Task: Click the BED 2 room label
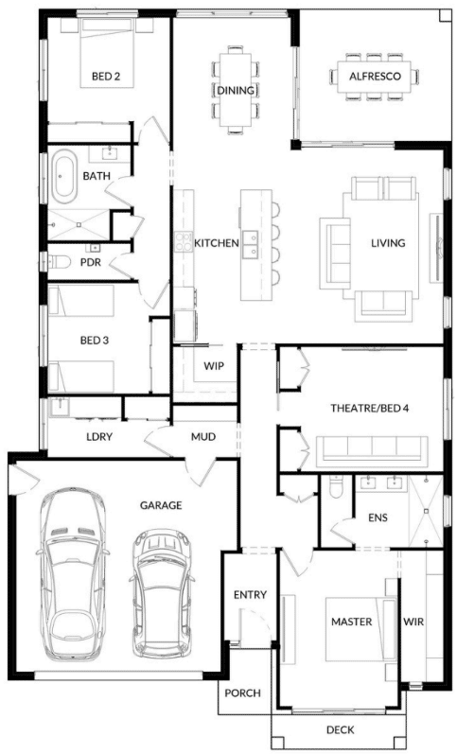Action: pos(106,76)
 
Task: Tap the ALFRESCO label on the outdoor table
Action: pos(375,76)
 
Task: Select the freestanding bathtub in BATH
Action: pos(64,176)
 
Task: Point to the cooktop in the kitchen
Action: pos(184,242)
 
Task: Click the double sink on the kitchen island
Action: pos(250,244)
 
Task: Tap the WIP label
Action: pos(214,366)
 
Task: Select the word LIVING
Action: pos(388,243)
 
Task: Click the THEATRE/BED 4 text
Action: pos(369,409)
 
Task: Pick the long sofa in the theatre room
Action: pos(372,448)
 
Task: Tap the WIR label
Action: pos(413,622)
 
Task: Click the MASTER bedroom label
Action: pos(352,622)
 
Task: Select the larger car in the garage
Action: pos(72,574)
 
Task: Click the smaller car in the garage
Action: pos(162,593)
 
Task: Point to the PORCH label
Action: pos(243,693)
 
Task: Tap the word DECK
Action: pos(340,730)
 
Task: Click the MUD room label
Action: pos(203,437)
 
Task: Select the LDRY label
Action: pos(99,437)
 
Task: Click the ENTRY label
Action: pos(250,595)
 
